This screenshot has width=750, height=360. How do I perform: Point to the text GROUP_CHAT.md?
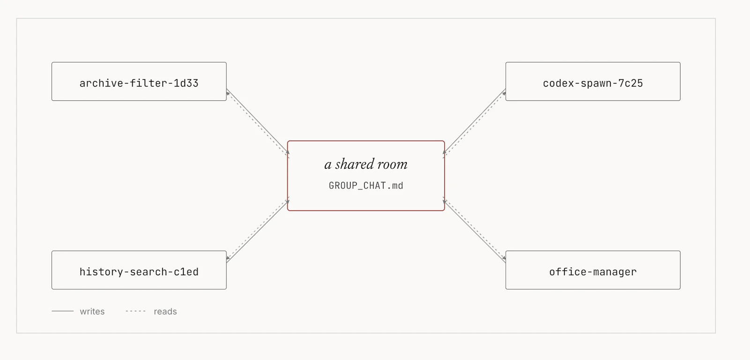366,186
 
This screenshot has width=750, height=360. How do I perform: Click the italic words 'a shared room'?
366,165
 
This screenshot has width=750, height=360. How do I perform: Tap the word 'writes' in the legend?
92,311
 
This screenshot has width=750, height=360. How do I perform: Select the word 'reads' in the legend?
165,311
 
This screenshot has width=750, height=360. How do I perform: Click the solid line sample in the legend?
63,311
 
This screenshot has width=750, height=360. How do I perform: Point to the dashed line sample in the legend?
135,311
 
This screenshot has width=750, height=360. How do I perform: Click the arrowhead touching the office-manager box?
504,258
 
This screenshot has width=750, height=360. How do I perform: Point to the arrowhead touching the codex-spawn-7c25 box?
504,93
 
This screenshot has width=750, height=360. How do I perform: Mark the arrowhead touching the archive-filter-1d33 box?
228,93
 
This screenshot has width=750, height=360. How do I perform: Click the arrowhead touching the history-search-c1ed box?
228,258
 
